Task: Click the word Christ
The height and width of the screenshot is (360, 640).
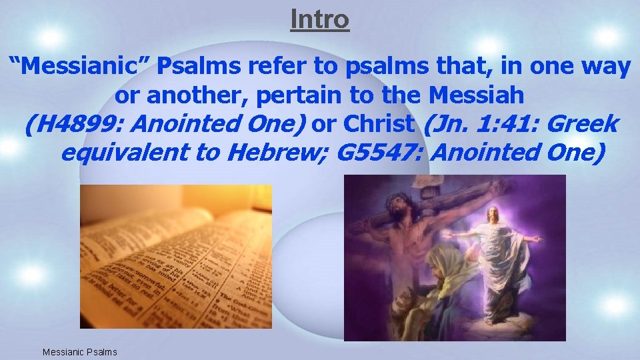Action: [x=378, y=125]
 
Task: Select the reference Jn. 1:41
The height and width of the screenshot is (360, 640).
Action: [x=484, y=125]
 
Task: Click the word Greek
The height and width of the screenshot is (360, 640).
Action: [x=585, y=125]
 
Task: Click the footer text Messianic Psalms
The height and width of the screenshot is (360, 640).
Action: [x=79, y=351]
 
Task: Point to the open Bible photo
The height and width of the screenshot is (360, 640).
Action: [x=176, y=257]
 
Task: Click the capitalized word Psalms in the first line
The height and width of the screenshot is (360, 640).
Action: [x=202, y=67]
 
